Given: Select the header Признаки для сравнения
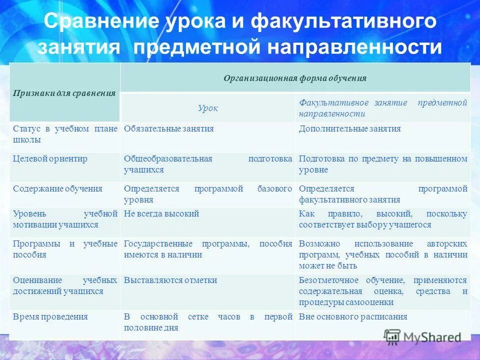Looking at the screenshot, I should tap(64, 93).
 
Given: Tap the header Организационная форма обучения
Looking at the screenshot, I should tap(295, 78).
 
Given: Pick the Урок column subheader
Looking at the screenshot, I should tap(208, 108).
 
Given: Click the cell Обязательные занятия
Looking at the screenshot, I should tap(169, 129).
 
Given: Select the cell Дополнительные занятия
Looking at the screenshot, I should tap(349, 129).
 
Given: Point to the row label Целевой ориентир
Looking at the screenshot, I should tap(50, 159).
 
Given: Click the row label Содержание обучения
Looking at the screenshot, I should tap(57, 189).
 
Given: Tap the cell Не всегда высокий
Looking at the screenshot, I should tap(161, 214).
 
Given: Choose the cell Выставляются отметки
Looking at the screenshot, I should tap(170, 280).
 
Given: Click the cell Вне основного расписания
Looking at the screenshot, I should tap(353, 317).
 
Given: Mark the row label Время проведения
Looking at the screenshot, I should tap(50, 317).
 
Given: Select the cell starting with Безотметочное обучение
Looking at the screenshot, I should tap(382, 291).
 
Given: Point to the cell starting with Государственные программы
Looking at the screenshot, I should tap(207, 249).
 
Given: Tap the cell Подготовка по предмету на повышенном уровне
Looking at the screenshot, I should tap(382, 164).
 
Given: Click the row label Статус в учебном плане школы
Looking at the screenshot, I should tap(64, 134).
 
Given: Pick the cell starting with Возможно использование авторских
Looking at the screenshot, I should tap(382, 254).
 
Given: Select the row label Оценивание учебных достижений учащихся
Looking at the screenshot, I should tap(64, 285).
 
